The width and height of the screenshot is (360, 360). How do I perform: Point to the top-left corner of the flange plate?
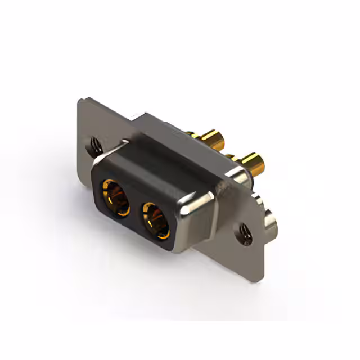[80, 102]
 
